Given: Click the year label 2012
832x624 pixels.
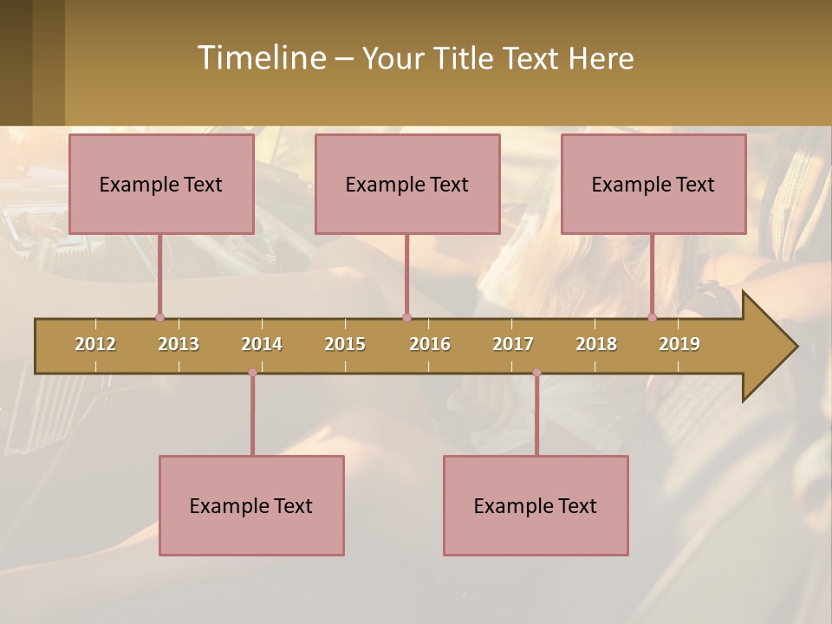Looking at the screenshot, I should click(95, 344).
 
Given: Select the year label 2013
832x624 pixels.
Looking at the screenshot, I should click(179, 344).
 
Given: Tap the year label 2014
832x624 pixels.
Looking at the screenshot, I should click(262, 344).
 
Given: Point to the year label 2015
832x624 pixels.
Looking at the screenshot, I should click(345, 344).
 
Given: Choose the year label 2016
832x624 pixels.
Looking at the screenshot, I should click(430, 344).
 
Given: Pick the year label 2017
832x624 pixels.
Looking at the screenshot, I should click(513, 344).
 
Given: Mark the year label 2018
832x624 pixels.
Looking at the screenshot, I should click(596, 344).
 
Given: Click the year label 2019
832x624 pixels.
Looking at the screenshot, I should click(679, 344).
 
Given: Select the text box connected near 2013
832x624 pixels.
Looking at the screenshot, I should click(161, 184).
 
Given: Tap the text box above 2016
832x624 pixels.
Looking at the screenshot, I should click(407, 184).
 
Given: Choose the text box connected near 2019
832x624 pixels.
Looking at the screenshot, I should click(653, 184).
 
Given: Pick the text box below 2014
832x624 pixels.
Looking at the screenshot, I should click(251, 505).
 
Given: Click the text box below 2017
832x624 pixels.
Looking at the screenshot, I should click(536, 505).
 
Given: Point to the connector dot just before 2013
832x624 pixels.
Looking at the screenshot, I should click(159, 318).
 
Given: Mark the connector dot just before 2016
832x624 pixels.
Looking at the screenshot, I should click(406, 318).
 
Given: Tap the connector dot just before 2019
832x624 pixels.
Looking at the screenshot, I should click(653, 318).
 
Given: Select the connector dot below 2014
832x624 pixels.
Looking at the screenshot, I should click(252, 373).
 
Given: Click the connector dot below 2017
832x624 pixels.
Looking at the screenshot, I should click(536, 373).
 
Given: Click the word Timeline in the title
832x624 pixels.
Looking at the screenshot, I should click(260, 58).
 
